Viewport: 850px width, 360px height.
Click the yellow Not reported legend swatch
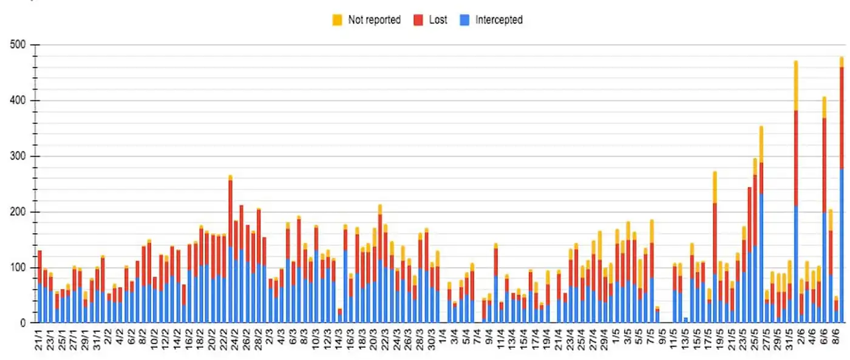point(338,20)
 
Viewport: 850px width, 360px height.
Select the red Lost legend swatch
point(419,20)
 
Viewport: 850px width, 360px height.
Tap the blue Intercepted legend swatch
point(465,20)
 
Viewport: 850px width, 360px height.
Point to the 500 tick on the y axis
point(18,45)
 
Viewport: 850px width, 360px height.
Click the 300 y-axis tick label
point(18,157)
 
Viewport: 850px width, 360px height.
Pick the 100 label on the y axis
point(18,268)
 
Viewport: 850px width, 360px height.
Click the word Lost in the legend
point(438,20)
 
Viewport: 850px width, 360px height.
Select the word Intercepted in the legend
point(498,20)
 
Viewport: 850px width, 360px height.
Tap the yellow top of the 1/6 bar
point(795,85)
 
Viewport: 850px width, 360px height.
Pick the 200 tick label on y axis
point(18,212)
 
